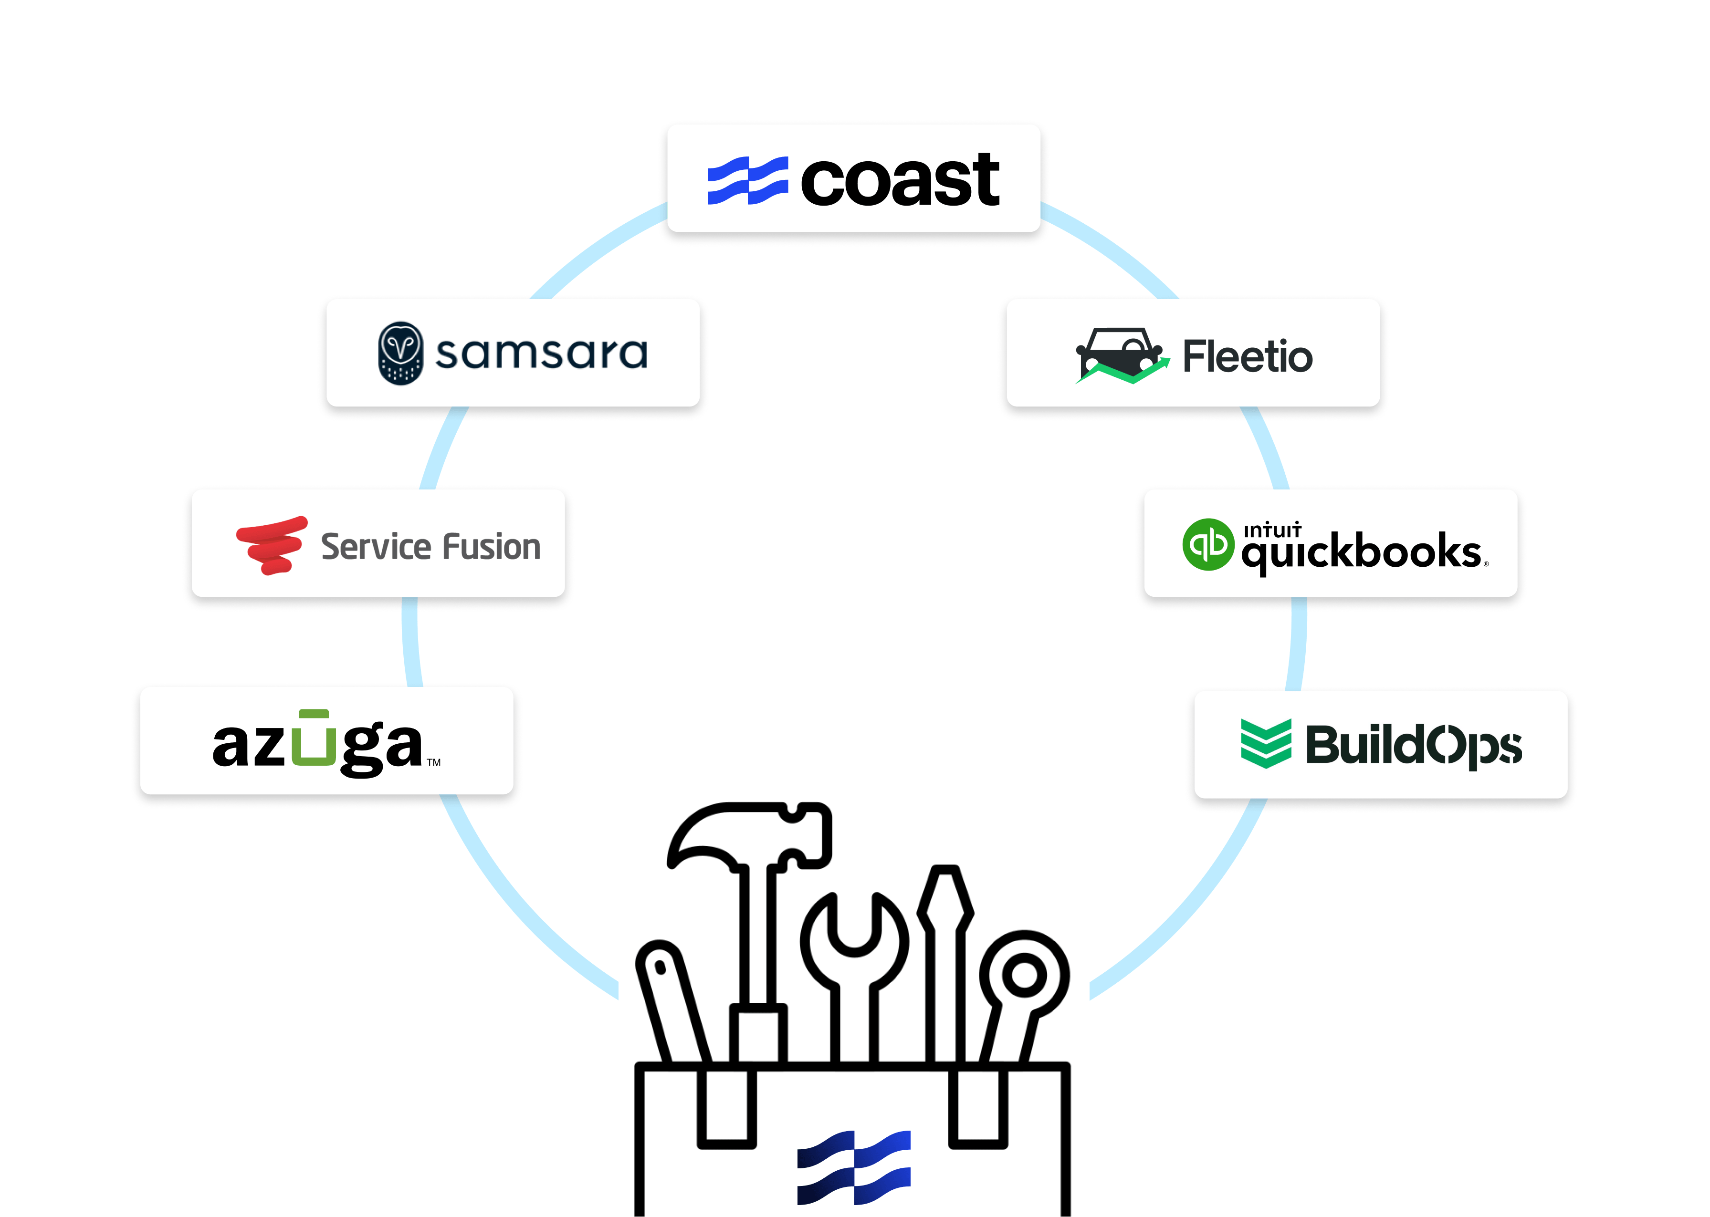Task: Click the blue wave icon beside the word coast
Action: point(747,181)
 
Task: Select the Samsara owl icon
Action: point(401,354)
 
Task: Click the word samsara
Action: point(541,354)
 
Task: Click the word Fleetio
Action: point(1248,357)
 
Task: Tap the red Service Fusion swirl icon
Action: point(272,545)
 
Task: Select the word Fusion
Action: point(491,547)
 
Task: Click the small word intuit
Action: point(1272,530)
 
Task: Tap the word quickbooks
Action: point(1361,553)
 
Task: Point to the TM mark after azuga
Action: point(434,763)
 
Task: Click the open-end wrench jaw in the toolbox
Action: point(854,929)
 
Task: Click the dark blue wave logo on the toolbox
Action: point(854,1167)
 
